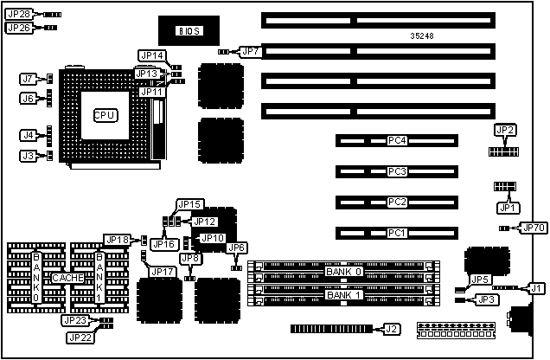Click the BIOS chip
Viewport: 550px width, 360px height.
[189, 31]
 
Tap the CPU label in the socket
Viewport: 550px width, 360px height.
[105, 114]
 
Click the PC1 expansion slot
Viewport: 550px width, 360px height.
[397, 233]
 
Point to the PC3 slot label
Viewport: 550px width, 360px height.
[397, 171]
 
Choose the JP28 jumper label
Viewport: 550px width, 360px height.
[18, 15]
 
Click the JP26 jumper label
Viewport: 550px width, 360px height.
[18, 28]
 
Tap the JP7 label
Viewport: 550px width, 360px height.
[251, 52]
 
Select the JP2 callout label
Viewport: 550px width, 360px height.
[506, 130]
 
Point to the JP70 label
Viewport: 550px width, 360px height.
[533, 228]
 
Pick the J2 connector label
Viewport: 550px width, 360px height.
[391, 329]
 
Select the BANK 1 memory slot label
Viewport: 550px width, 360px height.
[344, 294]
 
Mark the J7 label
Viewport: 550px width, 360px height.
[28, 79]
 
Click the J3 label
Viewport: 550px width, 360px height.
[28, 156]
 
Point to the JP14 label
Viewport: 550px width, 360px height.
[150, 55]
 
